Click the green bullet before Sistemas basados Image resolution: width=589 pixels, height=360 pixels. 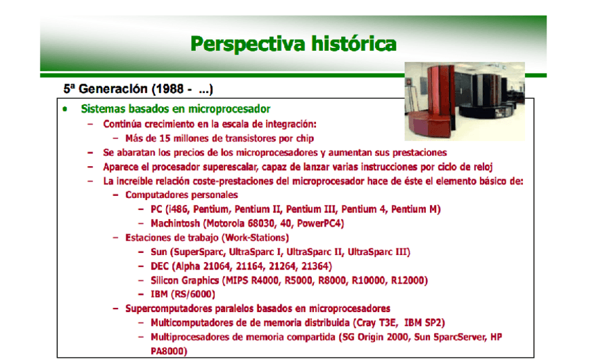[65, 110]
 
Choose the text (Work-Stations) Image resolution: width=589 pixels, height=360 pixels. [246, 238]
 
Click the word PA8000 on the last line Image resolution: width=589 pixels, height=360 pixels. [169, 350]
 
